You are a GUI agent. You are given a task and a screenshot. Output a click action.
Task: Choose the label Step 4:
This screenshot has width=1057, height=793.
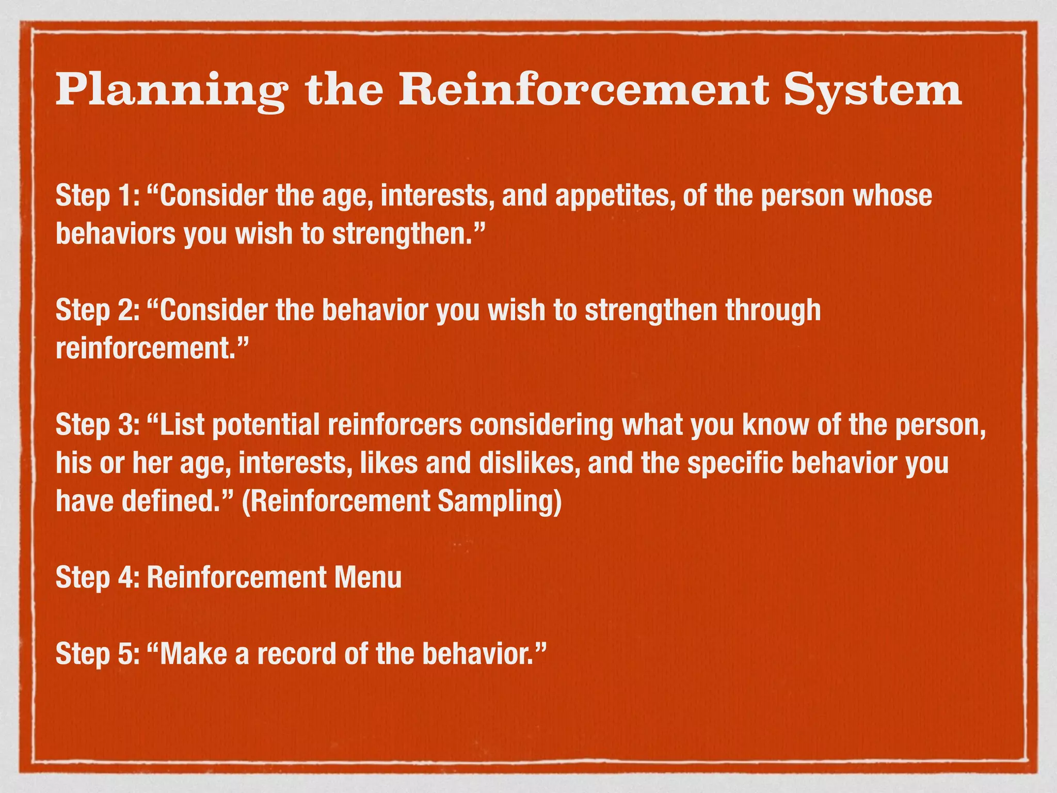click(98, 578)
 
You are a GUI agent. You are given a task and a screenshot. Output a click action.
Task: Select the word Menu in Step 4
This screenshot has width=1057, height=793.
click(367, 578)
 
